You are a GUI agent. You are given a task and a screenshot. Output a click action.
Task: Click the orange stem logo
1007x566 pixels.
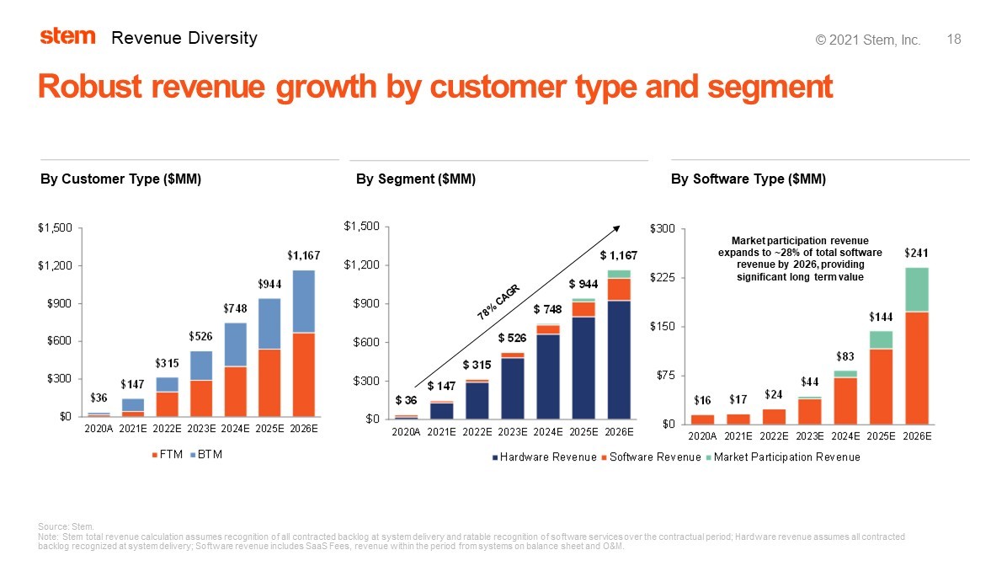tap(67, 36)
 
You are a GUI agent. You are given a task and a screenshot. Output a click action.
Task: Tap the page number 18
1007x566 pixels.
tap(954, 40)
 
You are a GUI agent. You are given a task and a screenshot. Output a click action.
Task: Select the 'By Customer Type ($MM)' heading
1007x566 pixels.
tap(120, 179)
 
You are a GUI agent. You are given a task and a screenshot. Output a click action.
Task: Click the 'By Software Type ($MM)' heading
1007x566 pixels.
tap(748, 179)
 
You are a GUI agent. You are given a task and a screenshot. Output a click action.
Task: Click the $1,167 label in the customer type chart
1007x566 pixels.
tap(303, 255)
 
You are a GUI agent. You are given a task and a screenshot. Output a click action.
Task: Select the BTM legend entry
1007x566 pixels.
tap(206, 455)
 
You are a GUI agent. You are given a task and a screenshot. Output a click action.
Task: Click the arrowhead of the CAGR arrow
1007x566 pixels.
tap(616, 227)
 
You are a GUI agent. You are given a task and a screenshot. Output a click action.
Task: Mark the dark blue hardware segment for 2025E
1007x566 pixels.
tap(583, 367)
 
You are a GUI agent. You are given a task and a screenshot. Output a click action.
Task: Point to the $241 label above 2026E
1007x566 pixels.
tap(917, 252)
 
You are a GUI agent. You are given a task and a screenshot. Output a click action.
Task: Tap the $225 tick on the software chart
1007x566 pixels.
tap(662, 277)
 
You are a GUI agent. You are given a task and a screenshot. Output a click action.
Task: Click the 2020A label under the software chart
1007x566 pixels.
tap(702, 436)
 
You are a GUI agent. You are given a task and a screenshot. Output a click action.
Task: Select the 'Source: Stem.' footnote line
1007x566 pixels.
tap(67, 526)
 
